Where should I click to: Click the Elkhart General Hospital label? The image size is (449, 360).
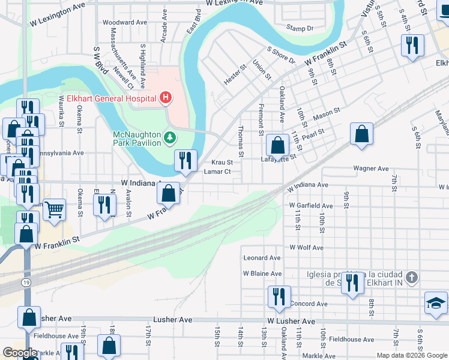click(x=107, y=98)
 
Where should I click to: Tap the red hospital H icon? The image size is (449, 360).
click(x=165, y=98)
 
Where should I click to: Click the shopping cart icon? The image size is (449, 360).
click(x=54, y=209)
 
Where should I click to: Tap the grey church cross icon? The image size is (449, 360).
click(x=411, y=278)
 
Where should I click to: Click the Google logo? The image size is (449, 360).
click(x=20, y=353)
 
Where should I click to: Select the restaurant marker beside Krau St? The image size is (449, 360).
click(x=185, y=160)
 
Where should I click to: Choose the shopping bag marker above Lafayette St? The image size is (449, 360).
click(x=277, y=145)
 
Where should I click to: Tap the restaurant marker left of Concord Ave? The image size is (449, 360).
click(x=279, y=296)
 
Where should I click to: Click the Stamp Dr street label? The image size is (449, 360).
click(x=300, y=28)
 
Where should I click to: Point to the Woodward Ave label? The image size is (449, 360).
click(x=125, y=22)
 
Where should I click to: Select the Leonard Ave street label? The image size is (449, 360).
click(x=262, y=257)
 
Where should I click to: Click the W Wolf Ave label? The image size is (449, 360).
click(x=307, y=247)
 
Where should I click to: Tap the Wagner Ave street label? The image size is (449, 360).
click(x=372, y=169)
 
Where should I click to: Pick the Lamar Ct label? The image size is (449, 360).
click(x=217, y=172)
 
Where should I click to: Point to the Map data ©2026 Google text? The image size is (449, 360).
click(x=411, y=355)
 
